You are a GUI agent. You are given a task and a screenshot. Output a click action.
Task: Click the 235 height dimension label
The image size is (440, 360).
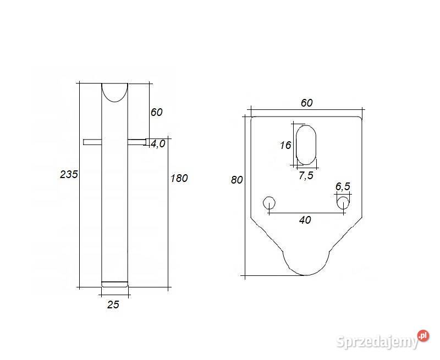[x=69, y=174]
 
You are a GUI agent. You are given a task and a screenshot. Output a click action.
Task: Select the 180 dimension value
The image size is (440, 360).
[x=179, y=178]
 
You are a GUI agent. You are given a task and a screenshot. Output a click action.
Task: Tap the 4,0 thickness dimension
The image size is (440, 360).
[x=158, y=144]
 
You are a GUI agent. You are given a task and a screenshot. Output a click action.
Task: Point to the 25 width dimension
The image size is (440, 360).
[x=113, y=304]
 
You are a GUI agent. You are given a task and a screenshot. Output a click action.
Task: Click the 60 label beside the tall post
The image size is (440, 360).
[x=156, y=112]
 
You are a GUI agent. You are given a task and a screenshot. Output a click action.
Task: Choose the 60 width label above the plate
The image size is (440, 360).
[x=306, y=103]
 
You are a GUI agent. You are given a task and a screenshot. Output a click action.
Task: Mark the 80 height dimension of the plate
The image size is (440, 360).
[x=237, y=180]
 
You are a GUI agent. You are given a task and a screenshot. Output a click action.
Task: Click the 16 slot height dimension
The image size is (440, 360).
[x=285, y=145]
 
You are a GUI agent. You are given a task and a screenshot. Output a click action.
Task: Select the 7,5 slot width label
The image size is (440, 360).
[x=306, y=176]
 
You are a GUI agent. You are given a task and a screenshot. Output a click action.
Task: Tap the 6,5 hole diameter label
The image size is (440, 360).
[x=342, y=186]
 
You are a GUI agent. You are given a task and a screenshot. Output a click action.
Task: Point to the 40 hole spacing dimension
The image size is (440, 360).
[x=305, y=220]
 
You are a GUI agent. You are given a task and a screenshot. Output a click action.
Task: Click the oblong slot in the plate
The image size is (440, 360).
[x=306, y=145]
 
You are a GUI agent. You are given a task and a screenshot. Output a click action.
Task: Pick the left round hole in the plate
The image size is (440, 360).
[x=269, y=202]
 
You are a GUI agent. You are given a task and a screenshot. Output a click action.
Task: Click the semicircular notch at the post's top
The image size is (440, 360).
[x=114, y=91]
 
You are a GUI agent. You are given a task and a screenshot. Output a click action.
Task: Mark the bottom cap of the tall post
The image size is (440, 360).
[x=114, y=284]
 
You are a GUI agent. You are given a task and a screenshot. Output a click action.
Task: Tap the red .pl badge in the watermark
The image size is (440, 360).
[x=422, y=335]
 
